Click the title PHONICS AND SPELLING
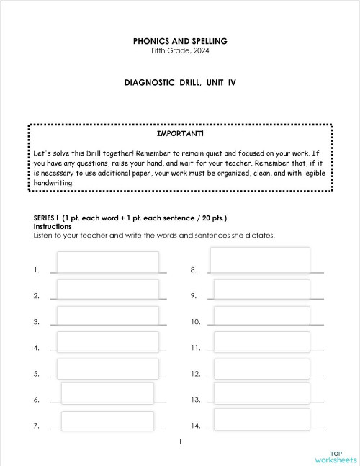coord(180,41)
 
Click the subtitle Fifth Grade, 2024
coord(180,50)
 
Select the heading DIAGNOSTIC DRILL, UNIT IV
coord(180,83)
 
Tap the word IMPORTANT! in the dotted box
coord(180,134)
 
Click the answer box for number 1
coord(107,262)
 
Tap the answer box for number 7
coord(107,421)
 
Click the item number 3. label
coord(36,322)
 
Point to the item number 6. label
coord(36,400)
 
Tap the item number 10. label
coord(195,322)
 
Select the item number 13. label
coord(195,400)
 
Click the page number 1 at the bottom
coord(180,441)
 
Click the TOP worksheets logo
coord(336,456)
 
